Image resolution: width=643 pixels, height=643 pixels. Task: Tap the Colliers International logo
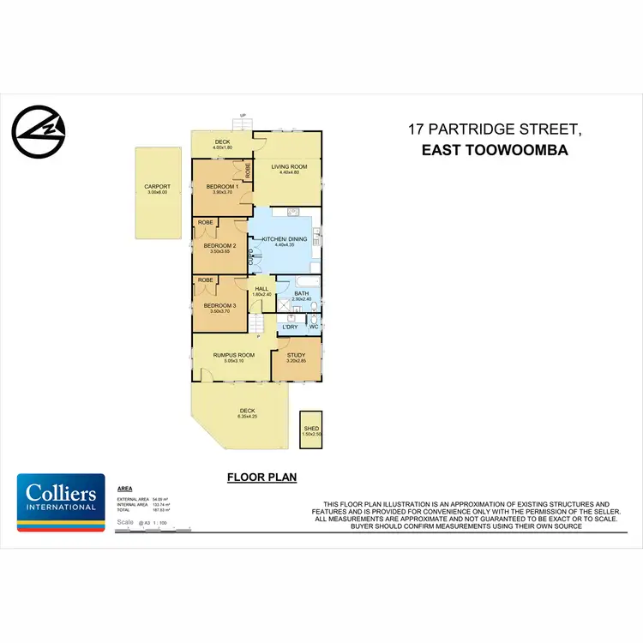tap(62, 502)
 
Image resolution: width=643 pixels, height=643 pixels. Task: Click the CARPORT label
tap(157, 186)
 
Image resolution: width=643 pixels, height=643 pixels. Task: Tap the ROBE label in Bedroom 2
tap(206, 222)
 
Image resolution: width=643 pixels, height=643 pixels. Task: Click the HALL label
tap(261, 289)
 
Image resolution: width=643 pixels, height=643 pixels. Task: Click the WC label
tap(313, 327)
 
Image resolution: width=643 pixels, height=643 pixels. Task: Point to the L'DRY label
tap(291, 327)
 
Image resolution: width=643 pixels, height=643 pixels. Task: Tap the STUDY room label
tap(295, 354)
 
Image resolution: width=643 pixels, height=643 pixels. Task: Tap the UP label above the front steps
tap(243, 116)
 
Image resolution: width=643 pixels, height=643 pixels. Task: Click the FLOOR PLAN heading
tap(261, 478)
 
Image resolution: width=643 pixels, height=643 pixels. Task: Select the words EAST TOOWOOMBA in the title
tap(495, 149)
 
